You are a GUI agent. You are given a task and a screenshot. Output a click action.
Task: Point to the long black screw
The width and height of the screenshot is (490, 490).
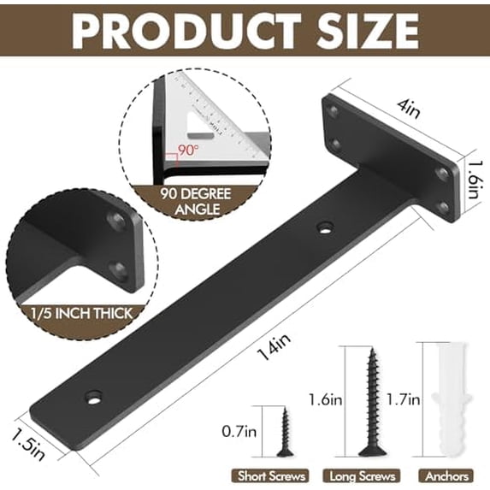373,402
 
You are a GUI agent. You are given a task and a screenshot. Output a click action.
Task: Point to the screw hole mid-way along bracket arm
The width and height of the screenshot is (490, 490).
324,227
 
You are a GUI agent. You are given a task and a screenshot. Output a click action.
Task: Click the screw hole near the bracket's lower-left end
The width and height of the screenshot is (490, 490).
92,398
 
